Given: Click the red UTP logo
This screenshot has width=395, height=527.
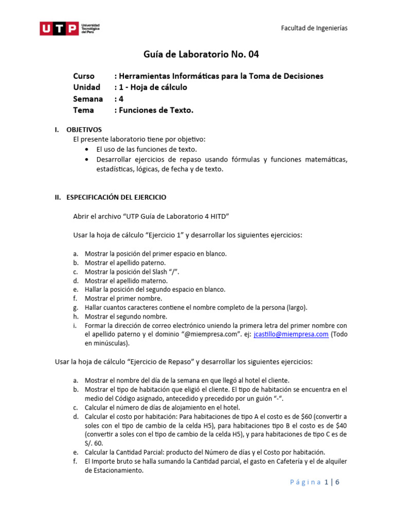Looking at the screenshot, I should tap(60, 28).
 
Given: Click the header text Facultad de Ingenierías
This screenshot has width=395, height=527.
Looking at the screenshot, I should tap(314, 28).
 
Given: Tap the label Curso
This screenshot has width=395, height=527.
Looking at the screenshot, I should tap(84, 76).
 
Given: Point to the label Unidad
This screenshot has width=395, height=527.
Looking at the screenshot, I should tap(86, 87).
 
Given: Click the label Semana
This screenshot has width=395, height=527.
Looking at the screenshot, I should tap(88, 99).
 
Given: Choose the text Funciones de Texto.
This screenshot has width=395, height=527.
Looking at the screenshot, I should tap(156, 110).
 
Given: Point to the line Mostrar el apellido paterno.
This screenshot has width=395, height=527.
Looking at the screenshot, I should tap(125, 262).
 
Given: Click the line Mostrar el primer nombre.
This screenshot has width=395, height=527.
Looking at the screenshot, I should tap(123, 298).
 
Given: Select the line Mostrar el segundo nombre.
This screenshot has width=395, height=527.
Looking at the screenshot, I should tap(126, 317).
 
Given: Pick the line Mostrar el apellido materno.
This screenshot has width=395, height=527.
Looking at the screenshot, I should tap(126, 280).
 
